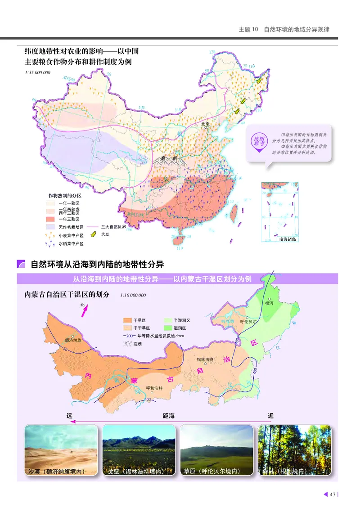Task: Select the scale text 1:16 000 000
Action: point(133,296)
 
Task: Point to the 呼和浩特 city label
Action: point(154,388)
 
